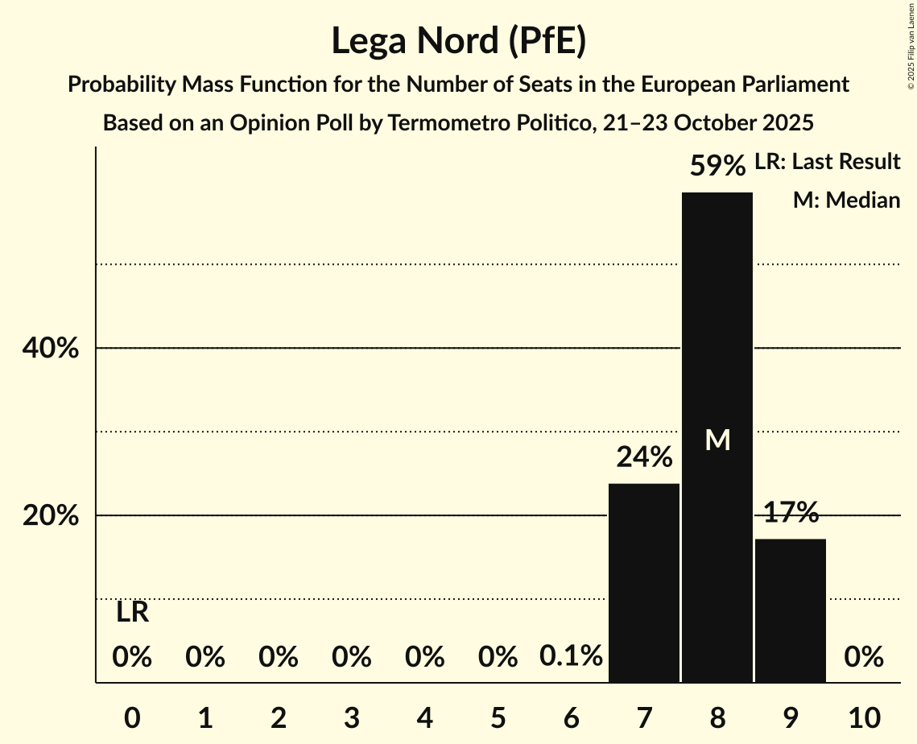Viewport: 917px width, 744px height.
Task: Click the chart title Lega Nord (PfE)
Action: (x=458, y=40)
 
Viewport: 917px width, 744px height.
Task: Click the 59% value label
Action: (x=717, y=166)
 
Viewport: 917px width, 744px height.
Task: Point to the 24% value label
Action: (x=643, y=457)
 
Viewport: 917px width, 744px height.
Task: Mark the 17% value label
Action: (x=790, y=512)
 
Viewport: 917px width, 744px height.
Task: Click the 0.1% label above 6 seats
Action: (x=571, y=657)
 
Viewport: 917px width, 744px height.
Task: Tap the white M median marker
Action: (x=717, y=440)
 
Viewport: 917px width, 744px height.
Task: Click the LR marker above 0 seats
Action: (x=132, y=613)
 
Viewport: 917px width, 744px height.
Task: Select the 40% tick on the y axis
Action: (x=50, y=349)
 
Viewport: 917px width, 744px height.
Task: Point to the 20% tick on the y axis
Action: (x=50, y=516)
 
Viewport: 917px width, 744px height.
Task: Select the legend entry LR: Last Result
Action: (x=827, y=162)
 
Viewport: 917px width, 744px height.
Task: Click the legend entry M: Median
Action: (x=846, y=200)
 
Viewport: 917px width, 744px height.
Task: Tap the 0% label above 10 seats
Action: (x=863, y=657)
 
